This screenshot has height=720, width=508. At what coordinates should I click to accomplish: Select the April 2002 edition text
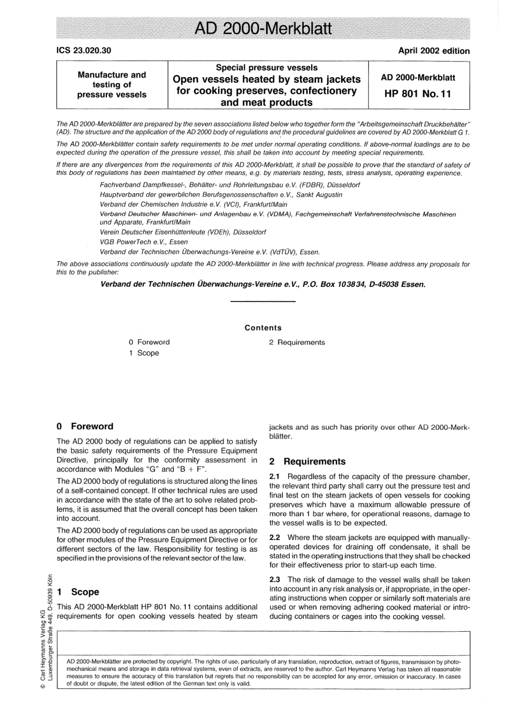point(434,51)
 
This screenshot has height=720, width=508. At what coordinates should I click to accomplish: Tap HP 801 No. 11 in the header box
point(418,94)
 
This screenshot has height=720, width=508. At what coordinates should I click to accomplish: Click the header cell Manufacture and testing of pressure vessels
point(112,85)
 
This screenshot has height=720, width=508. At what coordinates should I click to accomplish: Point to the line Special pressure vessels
point(266,68)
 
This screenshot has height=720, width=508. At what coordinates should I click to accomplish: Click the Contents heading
point(263,328)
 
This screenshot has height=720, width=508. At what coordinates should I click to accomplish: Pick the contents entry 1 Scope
point(144,353)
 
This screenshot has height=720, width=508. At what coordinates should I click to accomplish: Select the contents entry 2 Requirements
point(297,343)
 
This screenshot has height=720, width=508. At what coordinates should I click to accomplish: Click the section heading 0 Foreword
point(85,427)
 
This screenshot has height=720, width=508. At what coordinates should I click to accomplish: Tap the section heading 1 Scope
point(78,592)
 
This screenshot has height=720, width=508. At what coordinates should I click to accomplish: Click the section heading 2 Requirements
point(307,461)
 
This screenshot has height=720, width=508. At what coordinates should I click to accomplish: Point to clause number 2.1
point(275,477)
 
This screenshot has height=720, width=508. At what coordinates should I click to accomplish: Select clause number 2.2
point(275,537)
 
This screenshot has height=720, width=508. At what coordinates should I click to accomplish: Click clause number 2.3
point(275,580)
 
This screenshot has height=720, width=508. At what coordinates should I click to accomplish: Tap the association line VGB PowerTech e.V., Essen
point(144,242)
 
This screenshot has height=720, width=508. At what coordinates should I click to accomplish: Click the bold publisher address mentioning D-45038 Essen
point(263,284)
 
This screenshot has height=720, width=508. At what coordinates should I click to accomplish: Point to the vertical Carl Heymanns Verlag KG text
point(43,632)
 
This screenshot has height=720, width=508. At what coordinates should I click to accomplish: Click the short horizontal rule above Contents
point(263,302)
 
